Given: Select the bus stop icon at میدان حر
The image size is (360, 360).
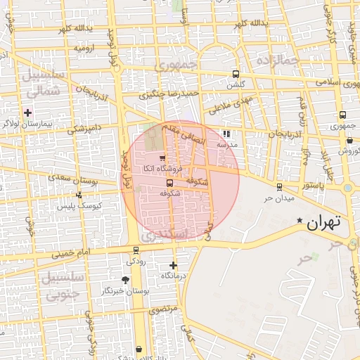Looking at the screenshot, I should pos(279,187).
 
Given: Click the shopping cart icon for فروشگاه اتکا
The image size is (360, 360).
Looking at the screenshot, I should pos(162,158).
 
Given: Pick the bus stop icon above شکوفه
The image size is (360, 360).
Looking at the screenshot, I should pos(169,183).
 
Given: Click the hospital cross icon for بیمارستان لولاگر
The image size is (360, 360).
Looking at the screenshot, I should pos(28,112).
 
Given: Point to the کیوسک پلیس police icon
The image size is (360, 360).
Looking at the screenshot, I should pos(78,195).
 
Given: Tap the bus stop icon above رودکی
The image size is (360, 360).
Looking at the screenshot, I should pos(136,250).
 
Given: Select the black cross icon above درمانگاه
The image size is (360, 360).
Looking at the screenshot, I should pos(174,265).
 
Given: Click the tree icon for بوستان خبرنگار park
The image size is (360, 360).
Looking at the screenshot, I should pos(126,280).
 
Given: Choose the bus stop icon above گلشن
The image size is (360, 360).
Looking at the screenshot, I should pos(235,74).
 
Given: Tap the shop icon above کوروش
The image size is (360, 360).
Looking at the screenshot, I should pos(349,140).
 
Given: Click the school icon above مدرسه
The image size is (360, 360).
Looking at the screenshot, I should pos(226,134).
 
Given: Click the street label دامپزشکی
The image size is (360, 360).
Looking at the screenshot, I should pos(85,129).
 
